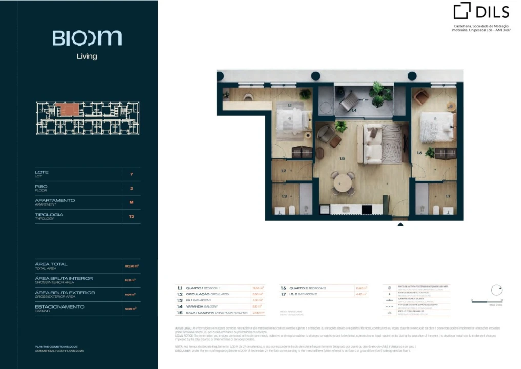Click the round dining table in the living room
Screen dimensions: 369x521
pyautogui.click(x=342, y=182)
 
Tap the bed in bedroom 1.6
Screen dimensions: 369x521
pyautogui.click(x=437, y=127)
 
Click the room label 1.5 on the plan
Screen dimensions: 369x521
pyautogui.click(x=342, y=159)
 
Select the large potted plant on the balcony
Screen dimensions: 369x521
pyautogui.click(x=380, y=93)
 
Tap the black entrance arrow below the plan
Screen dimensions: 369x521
pyautogui.click(x=400, y=223)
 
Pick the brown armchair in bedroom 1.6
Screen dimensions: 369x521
pyautogui.click(x=421, y=96)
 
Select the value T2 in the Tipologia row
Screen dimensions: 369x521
pyautogui.click(x=132, y=216)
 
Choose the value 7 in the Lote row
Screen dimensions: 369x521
pyautogui.click(x=132, y=174)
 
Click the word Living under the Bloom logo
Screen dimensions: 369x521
pyautogui.click(x=87, y=56)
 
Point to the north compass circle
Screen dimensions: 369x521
pyautogui.click(x=496, y=290)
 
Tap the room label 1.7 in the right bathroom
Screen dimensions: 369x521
pyautogui.click(x=448, y=196)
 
